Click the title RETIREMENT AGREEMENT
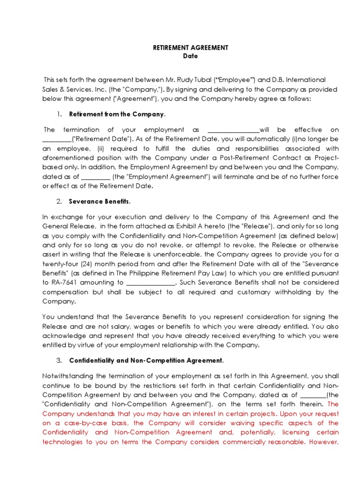tap(184, 47)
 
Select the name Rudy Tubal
tap(185, 80)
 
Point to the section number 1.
tap(59, 114)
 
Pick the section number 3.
tap(59, 360)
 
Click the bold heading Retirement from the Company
tap(117, 114)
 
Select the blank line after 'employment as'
tap(233, 130)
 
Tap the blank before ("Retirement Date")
tap(57, 139)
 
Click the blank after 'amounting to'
tap(150, 283)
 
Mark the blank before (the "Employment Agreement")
tap(96, 177)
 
